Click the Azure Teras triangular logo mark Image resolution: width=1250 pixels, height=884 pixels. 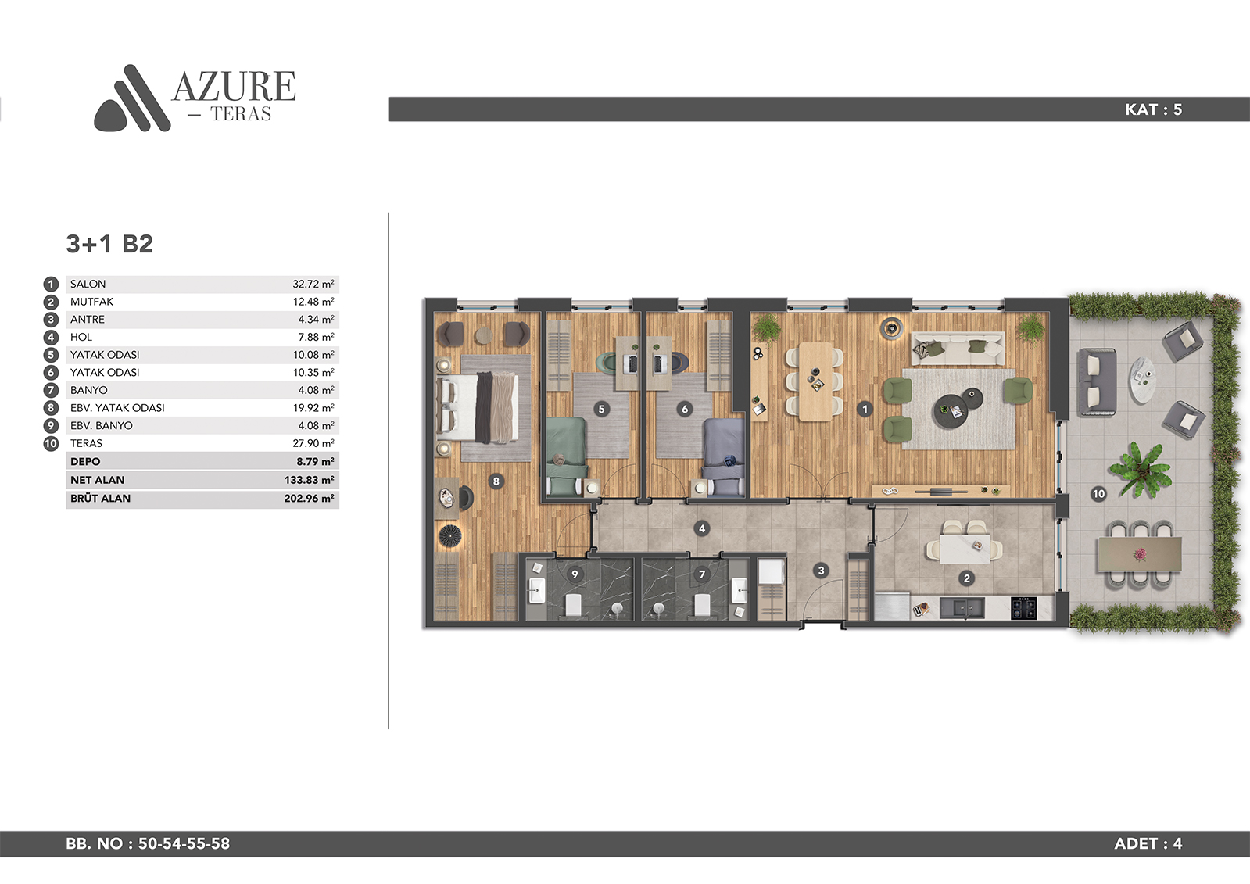(132, 99)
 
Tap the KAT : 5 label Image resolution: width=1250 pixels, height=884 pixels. (1154, 109)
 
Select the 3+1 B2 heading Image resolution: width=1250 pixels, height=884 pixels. (109, 244)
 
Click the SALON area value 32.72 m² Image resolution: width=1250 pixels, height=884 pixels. (313, 284)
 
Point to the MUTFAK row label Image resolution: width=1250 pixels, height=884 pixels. (91, 302)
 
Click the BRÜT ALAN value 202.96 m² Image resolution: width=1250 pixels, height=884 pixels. (309, 499)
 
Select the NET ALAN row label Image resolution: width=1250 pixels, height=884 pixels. (97, 480)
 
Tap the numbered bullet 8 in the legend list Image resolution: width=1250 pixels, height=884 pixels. (51, 408)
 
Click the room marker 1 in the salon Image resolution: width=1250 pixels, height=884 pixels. (865, 409)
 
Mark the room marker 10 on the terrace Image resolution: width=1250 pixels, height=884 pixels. (1098, 494)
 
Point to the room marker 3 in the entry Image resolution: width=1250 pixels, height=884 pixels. (821, 571)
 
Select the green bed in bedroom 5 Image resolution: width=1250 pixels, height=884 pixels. (566, 456)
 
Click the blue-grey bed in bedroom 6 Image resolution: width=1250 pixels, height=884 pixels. (723, 456)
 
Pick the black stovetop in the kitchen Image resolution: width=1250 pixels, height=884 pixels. (1023, 608)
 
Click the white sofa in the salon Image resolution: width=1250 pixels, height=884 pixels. (958, 349)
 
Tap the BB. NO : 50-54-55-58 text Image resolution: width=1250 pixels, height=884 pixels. (148, 843)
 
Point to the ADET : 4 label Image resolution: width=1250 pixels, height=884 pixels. (1148, 843)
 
